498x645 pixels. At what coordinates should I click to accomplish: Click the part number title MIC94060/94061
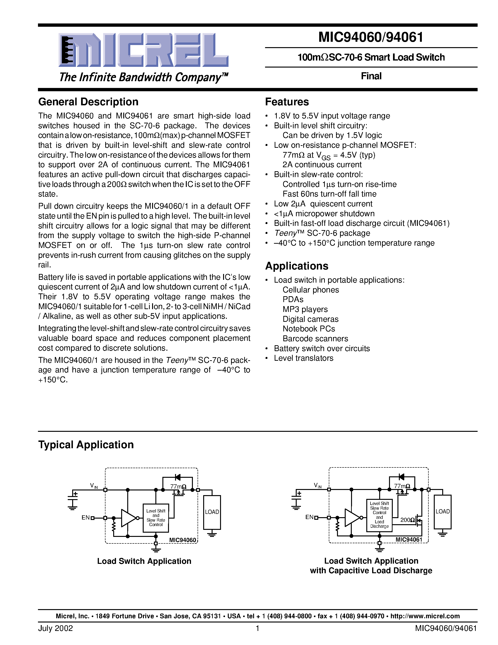371,37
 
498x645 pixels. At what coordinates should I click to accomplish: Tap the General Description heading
88,102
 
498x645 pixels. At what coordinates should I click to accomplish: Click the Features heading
287,102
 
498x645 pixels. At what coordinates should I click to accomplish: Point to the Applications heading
296,266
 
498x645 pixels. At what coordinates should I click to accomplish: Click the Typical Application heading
86,444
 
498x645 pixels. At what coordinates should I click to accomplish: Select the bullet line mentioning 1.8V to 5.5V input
332,116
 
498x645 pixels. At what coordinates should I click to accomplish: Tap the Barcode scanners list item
315,338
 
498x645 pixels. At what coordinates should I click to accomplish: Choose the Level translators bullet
303,358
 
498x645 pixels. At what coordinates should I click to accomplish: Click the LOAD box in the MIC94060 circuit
212,512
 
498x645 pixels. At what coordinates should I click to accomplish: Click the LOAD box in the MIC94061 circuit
442,512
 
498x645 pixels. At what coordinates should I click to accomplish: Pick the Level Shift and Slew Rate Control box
156,518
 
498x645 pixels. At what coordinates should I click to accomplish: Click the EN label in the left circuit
85,518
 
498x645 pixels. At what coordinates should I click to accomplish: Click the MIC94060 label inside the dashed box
182,540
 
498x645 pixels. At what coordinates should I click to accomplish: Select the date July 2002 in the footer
56,628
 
